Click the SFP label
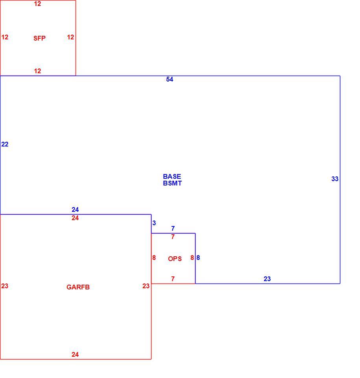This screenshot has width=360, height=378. pos(39,38)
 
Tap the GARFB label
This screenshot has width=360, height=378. pos(78,287)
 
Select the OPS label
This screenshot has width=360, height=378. pos(175,259)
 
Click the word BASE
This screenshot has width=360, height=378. pos(172,176)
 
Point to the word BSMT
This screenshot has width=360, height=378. pos(172,183)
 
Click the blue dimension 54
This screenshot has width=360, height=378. pos(170,79)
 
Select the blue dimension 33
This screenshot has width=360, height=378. pos(335,179)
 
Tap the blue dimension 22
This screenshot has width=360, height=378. pos(5,144)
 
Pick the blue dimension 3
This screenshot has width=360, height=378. pos(154,223)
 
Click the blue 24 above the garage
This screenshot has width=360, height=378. pos(75,209)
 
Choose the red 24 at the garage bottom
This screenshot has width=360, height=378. pos(75,354)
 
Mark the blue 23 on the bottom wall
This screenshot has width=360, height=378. pos(267,279)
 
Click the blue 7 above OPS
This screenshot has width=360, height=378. pos(173,228)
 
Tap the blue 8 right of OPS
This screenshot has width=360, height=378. pos(198,258)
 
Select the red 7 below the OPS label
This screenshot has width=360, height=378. pos(173,279)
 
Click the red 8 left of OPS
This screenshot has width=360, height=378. pos(154,258)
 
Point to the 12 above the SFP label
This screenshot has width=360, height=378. pos(38,4)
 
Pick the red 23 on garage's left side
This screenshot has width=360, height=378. pos(5,286)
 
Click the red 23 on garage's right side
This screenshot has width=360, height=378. pos(146,286)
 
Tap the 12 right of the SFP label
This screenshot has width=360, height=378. pos(70,37)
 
